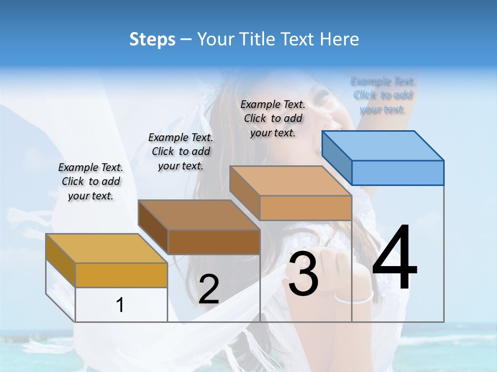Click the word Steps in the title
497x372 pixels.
[152, 39]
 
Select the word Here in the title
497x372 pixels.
[340, 39]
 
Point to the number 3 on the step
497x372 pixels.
[303, 274]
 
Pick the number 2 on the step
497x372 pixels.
[209, 289]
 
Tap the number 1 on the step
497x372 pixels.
[120, 305]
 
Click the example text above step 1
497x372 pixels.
[91, 181]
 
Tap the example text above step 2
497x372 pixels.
[181, 151]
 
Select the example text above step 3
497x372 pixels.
[273, 118]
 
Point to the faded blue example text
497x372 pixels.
[383, 96]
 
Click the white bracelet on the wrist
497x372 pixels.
[354, 298]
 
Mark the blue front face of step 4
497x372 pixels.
[398, 173]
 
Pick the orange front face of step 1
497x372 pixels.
[121, 275]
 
